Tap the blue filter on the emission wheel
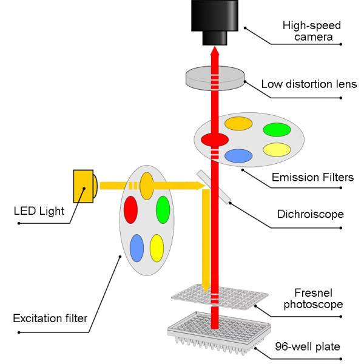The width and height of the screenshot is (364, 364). [x=238, y=155]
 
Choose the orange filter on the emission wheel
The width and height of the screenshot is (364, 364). [x=238, y=123]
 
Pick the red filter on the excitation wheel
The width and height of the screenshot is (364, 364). [x=130, y=210]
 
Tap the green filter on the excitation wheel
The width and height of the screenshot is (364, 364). [x=163, y=209]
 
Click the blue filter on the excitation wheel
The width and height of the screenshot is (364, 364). [x=137, y=247]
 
